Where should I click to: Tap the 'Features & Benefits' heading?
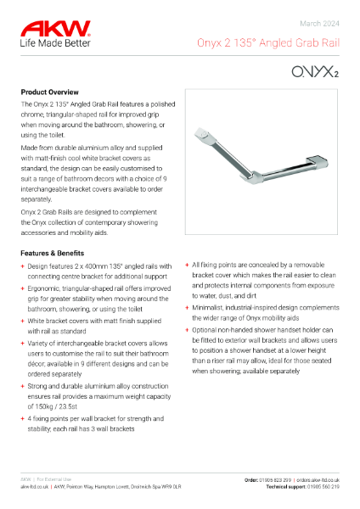tap(57, 253)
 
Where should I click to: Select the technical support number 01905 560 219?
tap(322, 487)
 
